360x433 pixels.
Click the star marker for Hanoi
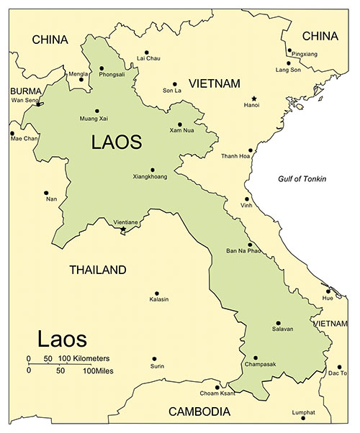click(x=253, y=98)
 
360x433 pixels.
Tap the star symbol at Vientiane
click(x=122, y=229)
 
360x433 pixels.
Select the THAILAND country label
click(x=97, y=270)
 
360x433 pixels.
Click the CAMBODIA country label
click(x=199, y=412)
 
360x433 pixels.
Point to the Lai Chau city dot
click(x=146, y=53)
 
